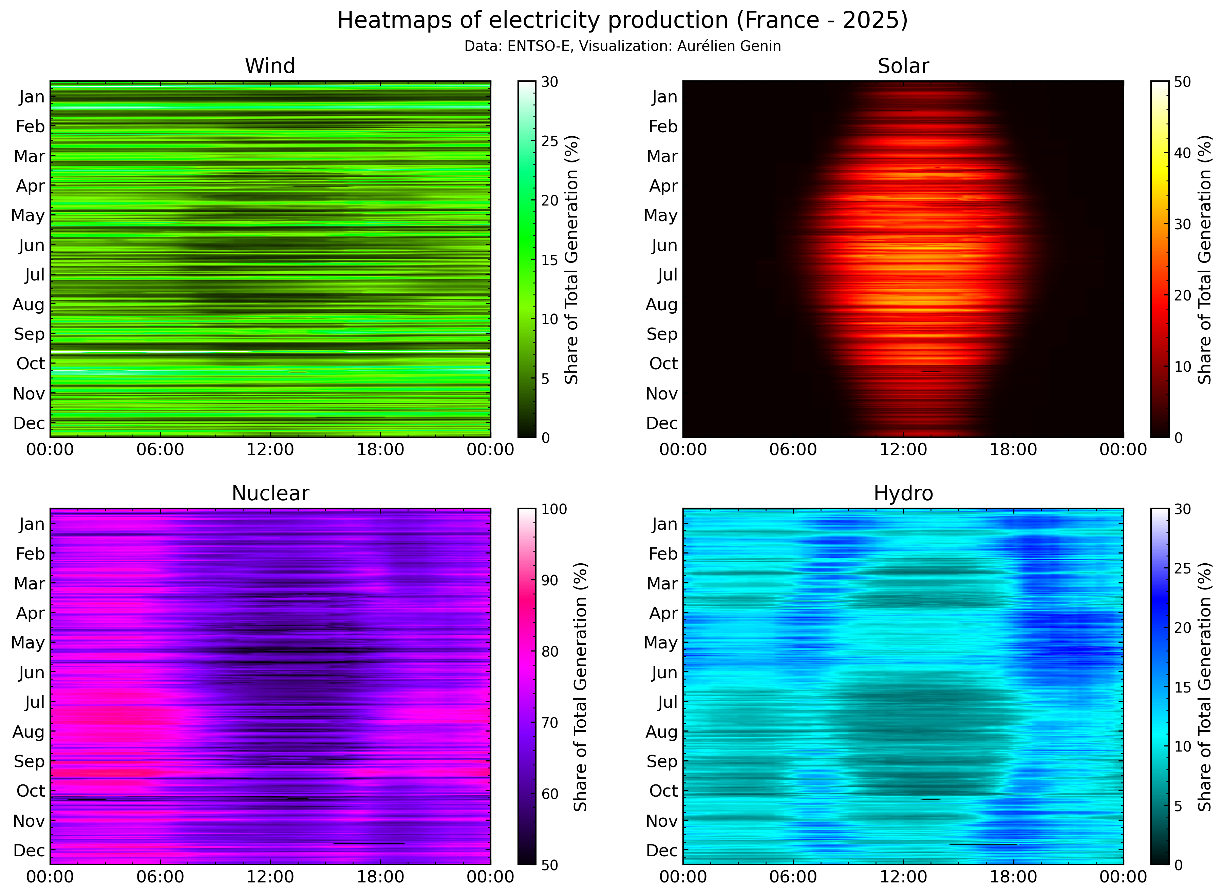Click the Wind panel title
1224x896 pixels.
pyautogui.click(x=270, y=66)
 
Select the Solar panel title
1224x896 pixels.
pyautogui.click(x=903, y=66)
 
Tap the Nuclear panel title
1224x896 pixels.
pyautogui.click(x=270, y=493)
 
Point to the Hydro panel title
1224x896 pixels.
pyautogui.click(x=903, y=493)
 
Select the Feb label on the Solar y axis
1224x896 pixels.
pyautogui.click(x=663, y=126)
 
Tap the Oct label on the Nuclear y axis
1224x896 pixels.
pyautogui.click(x=31, y=791)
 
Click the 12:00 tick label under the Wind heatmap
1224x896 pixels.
pyautogui.click(x=270, y=450)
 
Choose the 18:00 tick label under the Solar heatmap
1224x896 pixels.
pyautogui.click(x=1013, y=450)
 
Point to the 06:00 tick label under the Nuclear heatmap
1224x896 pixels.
pyautogui.click(x=160, y=877)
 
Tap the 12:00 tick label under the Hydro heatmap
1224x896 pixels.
pyautogui.click(x=903, y=877)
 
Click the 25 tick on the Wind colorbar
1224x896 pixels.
pyautogui.click(x=550, y=141)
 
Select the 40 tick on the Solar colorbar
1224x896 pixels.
pyautogui.click(x=1182, y=153)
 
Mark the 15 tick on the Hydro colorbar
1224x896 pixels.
pyautogui.click(x=1182, y=687)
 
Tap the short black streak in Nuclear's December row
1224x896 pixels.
pyautogui.click(x=369, y=843)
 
